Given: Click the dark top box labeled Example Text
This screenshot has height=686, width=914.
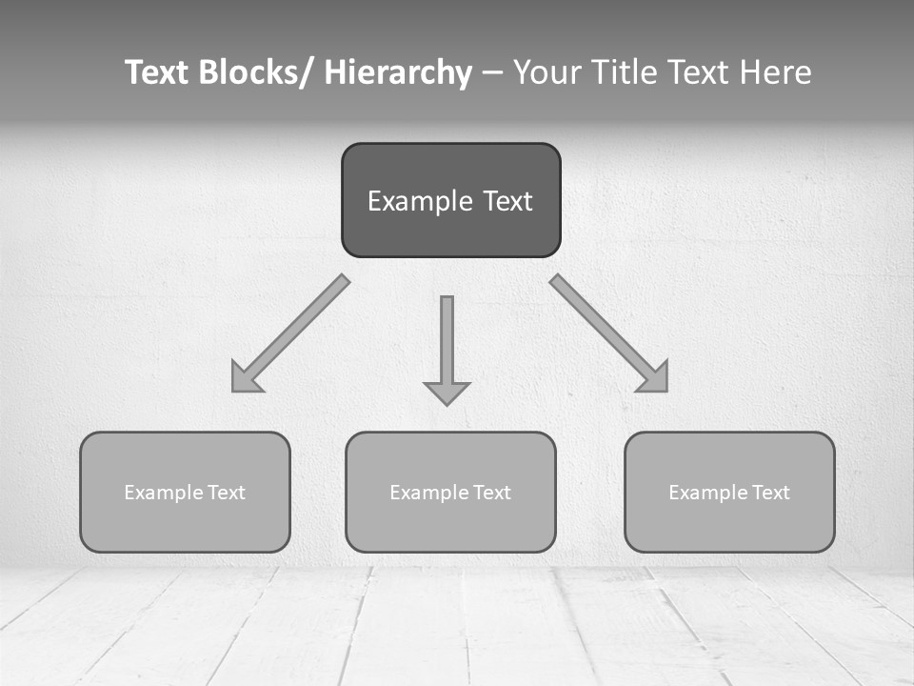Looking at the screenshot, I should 450,200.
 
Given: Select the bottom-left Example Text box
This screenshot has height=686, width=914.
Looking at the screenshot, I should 185,492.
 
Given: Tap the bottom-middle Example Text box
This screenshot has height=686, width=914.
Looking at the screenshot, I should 450,492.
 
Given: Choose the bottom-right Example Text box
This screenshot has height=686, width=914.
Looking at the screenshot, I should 729,492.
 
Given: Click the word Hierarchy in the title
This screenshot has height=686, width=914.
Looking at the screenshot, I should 398,72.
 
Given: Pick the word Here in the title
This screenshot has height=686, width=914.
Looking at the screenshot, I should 773,72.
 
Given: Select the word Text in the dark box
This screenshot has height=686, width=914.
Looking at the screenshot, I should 507,201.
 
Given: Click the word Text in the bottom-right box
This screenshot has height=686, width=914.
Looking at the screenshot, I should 769,493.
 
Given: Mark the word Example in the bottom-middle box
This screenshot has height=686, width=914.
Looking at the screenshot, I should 429,493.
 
